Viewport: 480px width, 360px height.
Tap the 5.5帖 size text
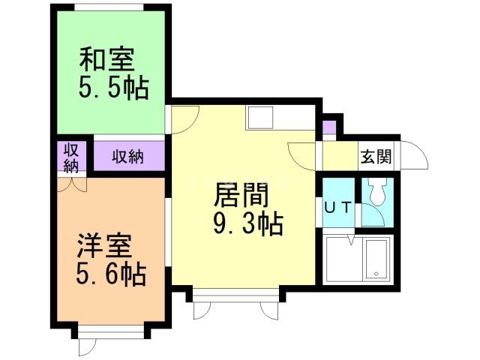point(112,88)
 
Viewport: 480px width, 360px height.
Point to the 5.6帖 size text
point(111,274)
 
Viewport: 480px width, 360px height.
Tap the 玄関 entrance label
point(375,157)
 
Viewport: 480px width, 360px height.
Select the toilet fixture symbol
point(376,196)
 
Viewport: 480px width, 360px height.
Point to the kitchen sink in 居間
point(262,117)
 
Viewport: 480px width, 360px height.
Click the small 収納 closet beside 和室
point(70,157)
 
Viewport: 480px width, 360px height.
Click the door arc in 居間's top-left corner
point(185,121)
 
